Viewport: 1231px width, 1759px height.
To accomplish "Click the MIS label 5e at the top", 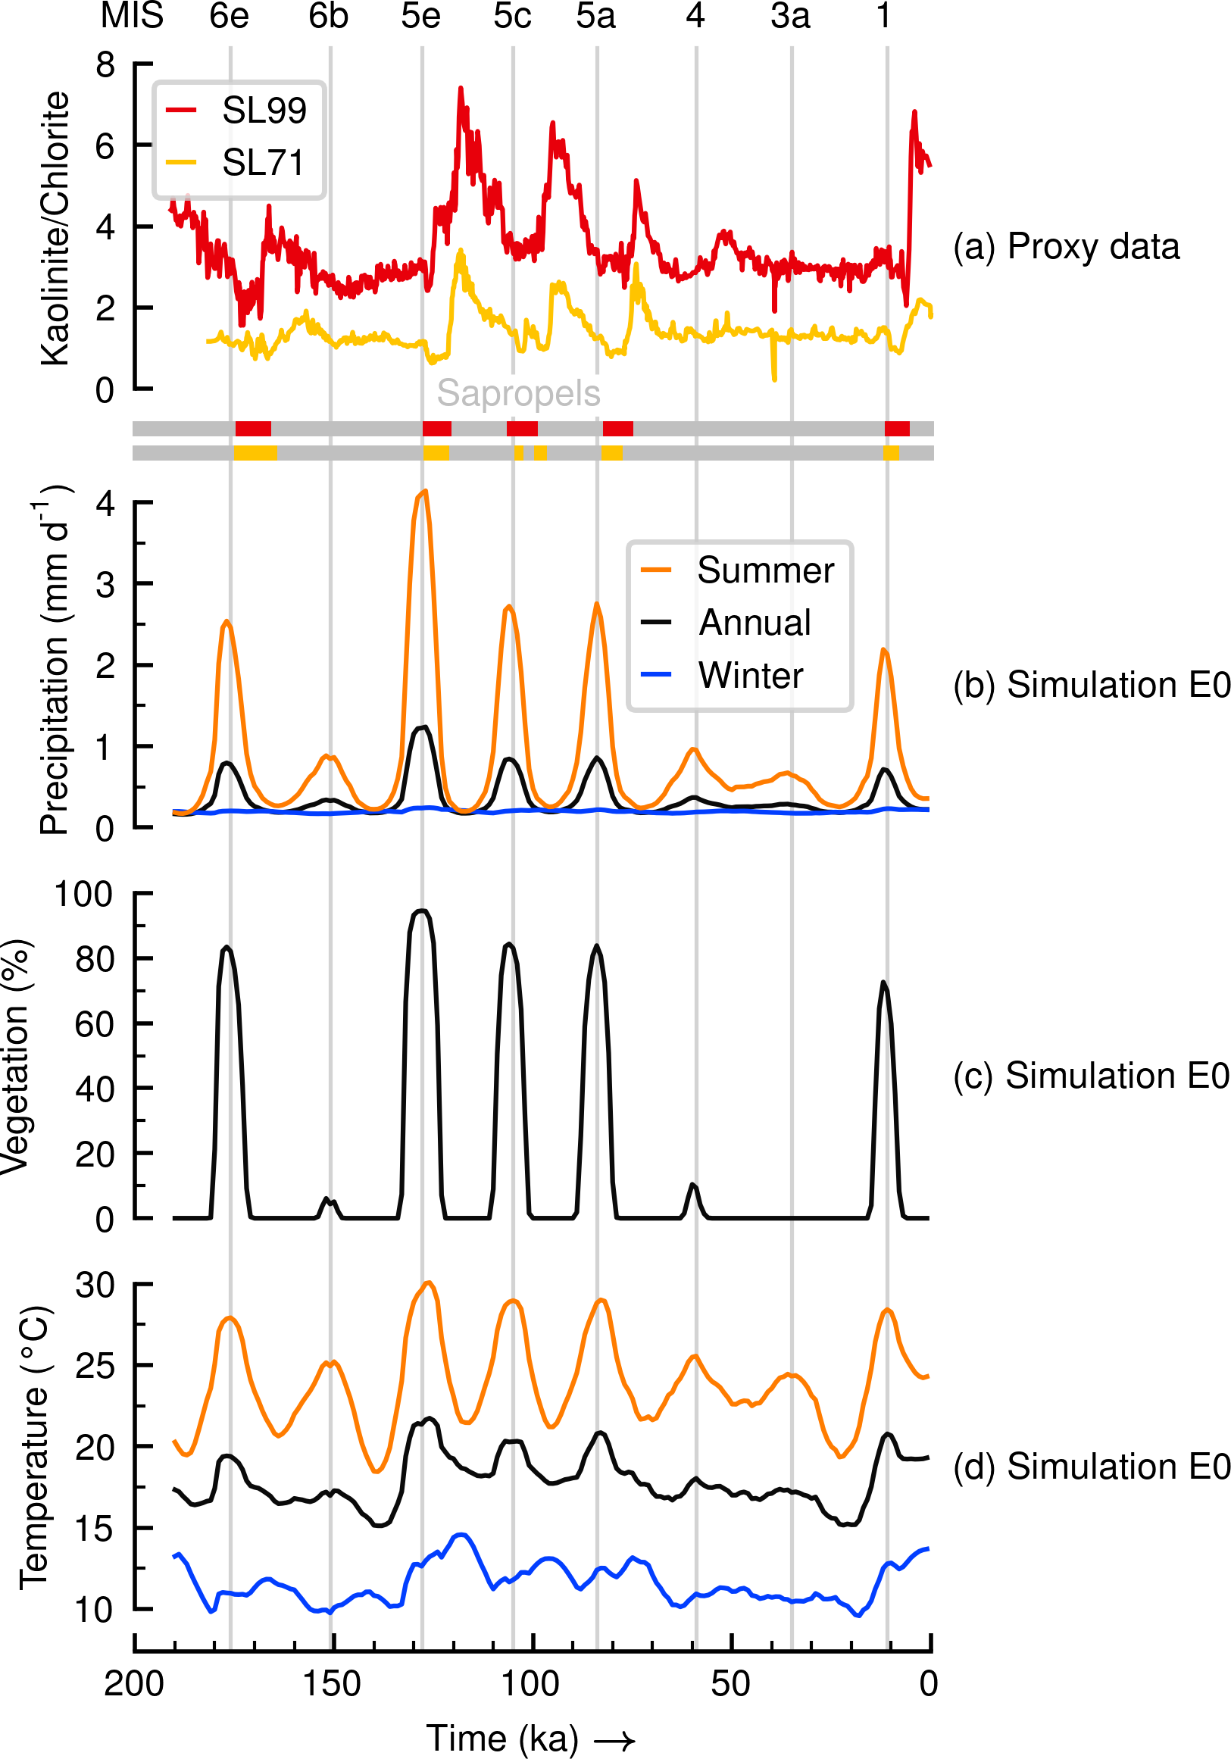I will point(420,16).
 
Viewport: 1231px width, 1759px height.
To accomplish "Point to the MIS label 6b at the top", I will point(329,16).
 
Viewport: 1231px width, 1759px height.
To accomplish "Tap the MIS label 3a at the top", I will point(790,16).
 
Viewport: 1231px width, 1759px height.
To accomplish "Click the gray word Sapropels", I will point(519,393).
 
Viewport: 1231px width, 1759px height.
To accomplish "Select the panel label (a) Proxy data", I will point(1067,247).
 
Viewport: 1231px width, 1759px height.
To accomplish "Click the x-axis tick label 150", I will point(332,1684).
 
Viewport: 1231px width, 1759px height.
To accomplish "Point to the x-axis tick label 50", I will point(730,1684).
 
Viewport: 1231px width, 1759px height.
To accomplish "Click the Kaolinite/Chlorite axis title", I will point(55,228).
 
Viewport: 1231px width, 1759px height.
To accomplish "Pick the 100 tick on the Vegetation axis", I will point(83,894).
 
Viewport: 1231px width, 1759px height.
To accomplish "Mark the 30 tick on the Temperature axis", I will point(94,1285).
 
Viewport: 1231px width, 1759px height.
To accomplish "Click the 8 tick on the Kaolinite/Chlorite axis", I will point(105,65).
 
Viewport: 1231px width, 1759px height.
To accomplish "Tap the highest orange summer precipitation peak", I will point(424,491).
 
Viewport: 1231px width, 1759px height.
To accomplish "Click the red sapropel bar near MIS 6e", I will point(253,428).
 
